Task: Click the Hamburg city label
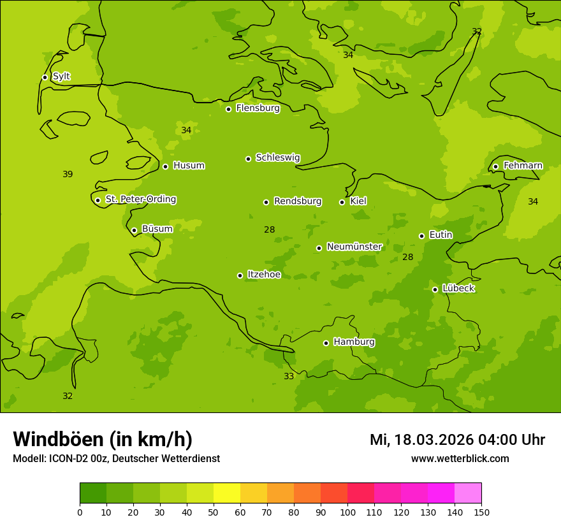click(x=354, y=342)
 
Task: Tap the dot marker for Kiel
click(x=342, y=202)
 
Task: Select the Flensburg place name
click(x=258, y=108)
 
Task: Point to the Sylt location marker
click(x=45, y=77)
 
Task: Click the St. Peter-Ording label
click(x=140, y=199)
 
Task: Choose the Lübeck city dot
click(x=435, y=289)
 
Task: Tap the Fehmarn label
click(x=523, y=166)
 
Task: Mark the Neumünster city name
click(x=354, y=247)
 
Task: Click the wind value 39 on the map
click(x=68, y=175)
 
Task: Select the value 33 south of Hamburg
click(x=289, y=377)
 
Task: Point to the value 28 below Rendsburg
click(x=269, y=230)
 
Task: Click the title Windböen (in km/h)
click(x=103, y=439)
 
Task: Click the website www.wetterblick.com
click(x=460, y=459)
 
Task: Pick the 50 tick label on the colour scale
click(x=214, y=512)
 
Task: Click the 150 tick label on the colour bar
click(x=481, y=512)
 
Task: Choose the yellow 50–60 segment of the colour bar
click(x=227, y=493)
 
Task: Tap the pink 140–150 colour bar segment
click(x=468, y=493)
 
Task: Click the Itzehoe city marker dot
click(x=240, y=275)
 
